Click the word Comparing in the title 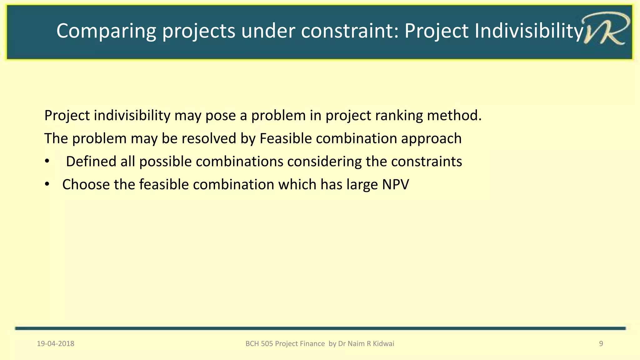point(106,31)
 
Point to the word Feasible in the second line point(285,138)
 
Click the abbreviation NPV point(395,185)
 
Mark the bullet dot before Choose point(47,184)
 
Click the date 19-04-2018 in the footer point(56,344)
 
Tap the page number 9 point(601,344)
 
